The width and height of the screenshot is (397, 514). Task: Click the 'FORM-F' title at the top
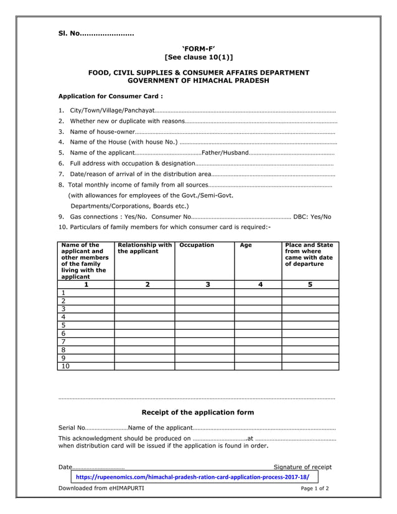198,48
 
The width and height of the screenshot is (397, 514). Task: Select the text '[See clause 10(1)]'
198,57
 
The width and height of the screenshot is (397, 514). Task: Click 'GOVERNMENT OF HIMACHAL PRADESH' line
198,81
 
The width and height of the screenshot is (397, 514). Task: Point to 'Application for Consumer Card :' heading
110,96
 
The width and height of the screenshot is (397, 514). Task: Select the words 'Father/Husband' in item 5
225,152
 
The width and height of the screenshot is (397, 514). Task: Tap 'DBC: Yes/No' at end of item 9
312,217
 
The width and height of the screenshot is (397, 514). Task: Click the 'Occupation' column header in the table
197,245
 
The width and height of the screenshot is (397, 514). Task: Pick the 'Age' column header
246,245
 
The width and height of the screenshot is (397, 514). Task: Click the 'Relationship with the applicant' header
144,248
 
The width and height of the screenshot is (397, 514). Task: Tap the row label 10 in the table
65,366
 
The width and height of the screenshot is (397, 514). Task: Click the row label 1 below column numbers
63,292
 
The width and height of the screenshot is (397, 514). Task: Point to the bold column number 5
310,284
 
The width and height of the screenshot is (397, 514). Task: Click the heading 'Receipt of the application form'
198,412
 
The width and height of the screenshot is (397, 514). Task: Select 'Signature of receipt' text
302,467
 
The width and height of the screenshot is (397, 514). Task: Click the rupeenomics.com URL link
192,477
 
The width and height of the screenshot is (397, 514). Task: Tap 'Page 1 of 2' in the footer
315,488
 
